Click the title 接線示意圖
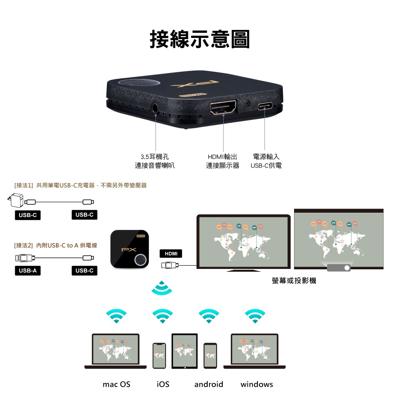[x=199, y=39]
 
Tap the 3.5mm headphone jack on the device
[x=156, y=107]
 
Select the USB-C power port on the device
[x=265, y=107]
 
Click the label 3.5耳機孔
[x=155, y=157]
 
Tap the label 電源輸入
[x=266, y=157]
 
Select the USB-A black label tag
[x=28, y=271]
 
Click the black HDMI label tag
[x=171, y=254]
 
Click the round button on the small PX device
[x=140, y=260]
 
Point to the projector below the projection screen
[x=338, y=267]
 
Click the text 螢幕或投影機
[x=294, y=281]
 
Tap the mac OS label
[x=116, y=384]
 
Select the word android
[x=209, y=384]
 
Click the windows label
[x=257, y=384]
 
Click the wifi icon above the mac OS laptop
[x=116, y=316]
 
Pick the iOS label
[x=163, y=384]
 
